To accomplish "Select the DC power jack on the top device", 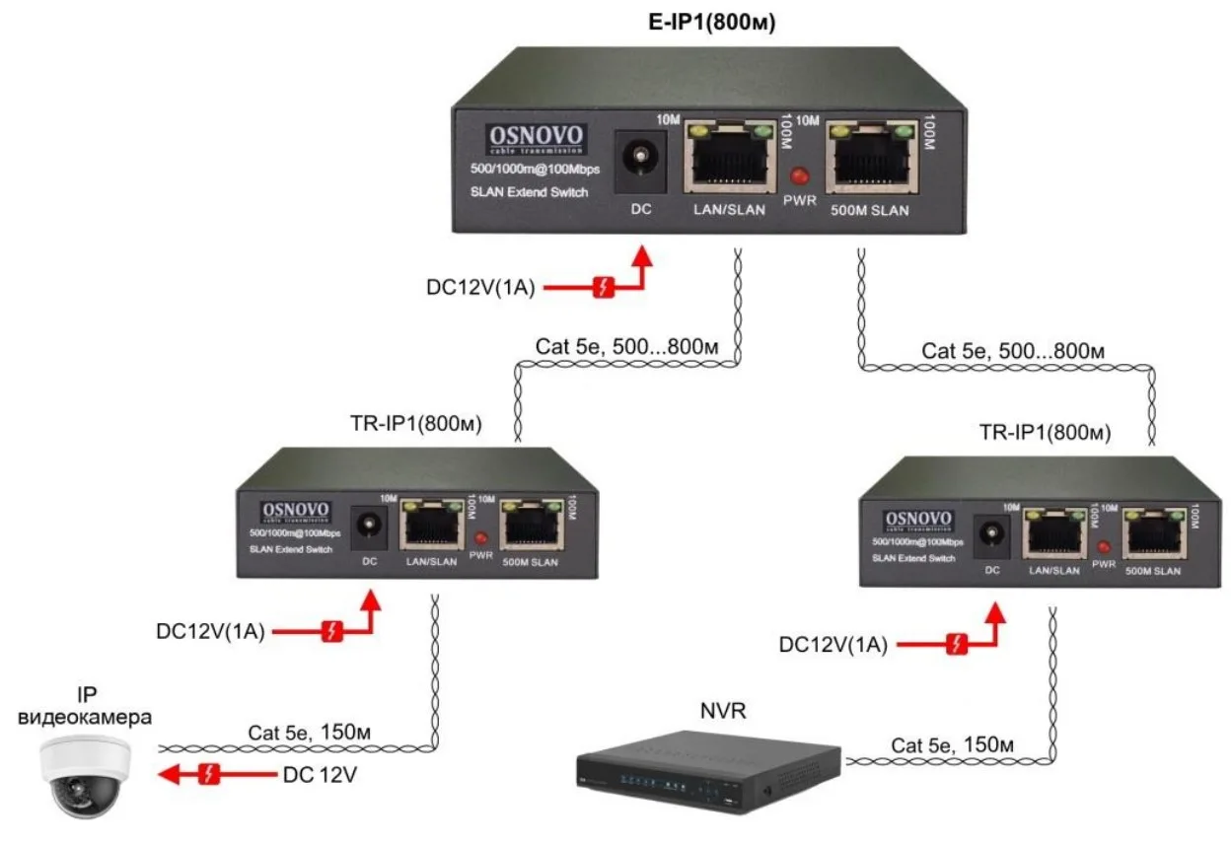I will pos(641,159).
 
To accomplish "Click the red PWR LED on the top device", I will pos(800,177).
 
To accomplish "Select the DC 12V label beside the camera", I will pos(318,775).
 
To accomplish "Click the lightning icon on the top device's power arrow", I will pos(604,288).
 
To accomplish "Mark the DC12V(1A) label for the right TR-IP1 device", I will pos(833,645).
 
